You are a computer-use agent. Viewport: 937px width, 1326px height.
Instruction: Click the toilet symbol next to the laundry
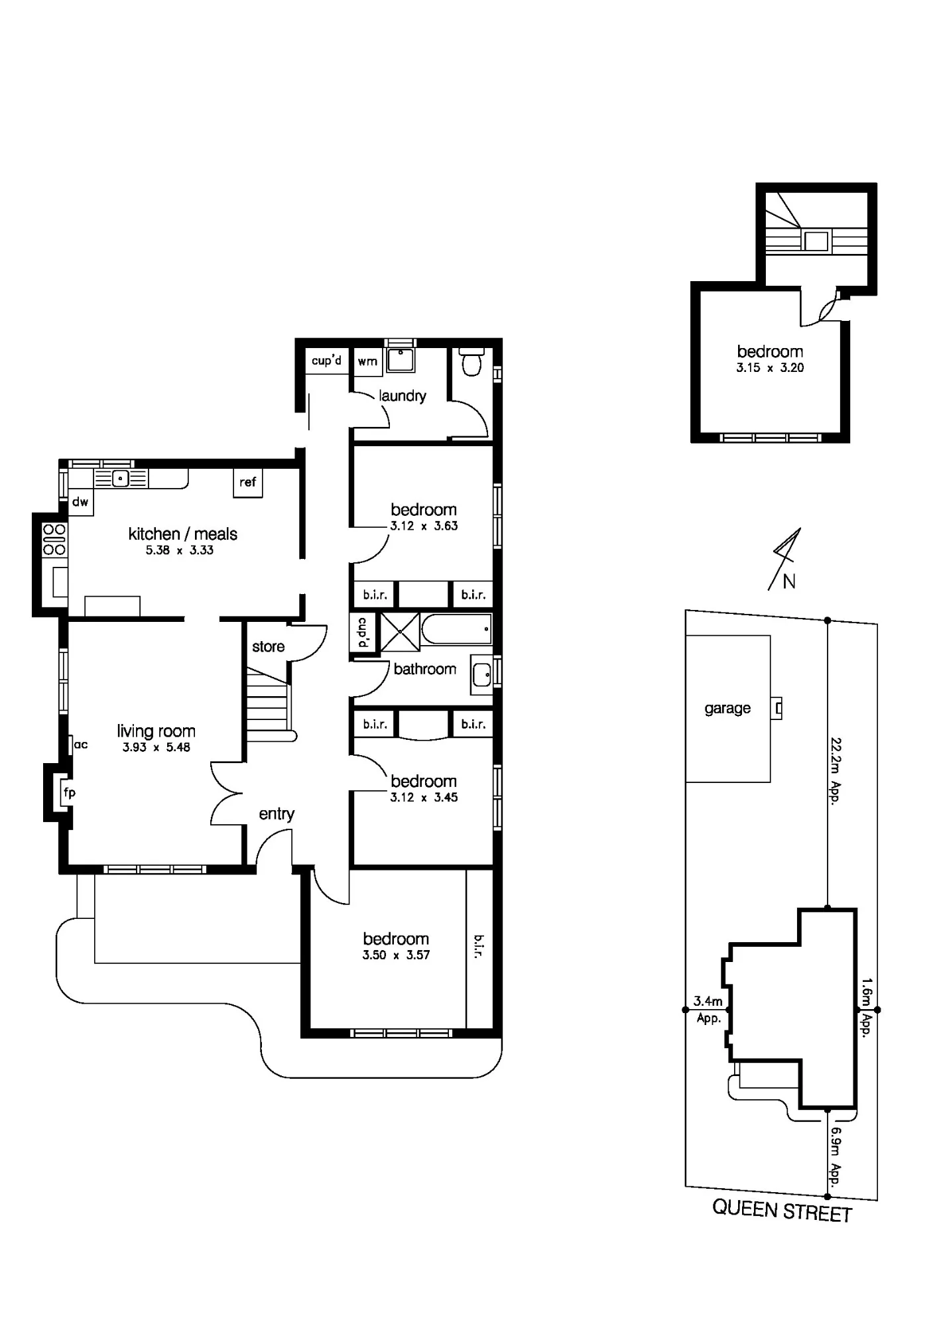click(471, 363)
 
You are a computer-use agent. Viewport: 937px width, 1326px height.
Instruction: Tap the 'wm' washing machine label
click(367, 361)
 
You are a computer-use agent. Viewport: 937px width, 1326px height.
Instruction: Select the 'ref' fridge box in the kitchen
click(248, 483)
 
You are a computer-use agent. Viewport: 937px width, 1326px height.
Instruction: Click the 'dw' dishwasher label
click(80, 502)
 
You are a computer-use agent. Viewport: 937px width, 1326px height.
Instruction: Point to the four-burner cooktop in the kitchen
click(54, 540)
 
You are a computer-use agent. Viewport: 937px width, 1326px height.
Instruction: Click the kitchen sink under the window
click(121, 478)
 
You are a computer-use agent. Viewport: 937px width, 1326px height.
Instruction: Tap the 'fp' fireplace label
click(69, 792)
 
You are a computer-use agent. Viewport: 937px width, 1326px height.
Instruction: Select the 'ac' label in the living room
click(81, 745)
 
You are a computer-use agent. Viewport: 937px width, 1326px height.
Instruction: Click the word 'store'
click(269, 646)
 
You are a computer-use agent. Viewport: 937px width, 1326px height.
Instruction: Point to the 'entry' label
click(277, 814)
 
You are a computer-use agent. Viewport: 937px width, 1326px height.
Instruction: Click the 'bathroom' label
click(425, 669)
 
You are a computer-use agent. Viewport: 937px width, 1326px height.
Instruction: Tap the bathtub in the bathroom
click(457, 629)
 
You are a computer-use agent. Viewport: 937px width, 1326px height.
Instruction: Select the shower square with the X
click(401, 632)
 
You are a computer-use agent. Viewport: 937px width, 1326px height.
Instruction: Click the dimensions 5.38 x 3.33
click(180, 550)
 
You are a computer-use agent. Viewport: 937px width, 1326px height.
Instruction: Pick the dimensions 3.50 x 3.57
click(396, 955)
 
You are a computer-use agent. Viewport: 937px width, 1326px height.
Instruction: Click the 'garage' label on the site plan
click(727, 709)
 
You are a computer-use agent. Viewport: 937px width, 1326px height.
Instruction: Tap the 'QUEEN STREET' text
click(782, 1211)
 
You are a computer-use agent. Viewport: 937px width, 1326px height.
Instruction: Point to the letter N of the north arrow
click(789, 581)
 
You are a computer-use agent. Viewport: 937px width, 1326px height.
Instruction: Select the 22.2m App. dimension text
click(835, 771)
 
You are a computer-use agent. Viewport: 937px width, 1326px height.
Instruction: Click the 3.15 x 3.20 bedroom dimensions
click(770, 368)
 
